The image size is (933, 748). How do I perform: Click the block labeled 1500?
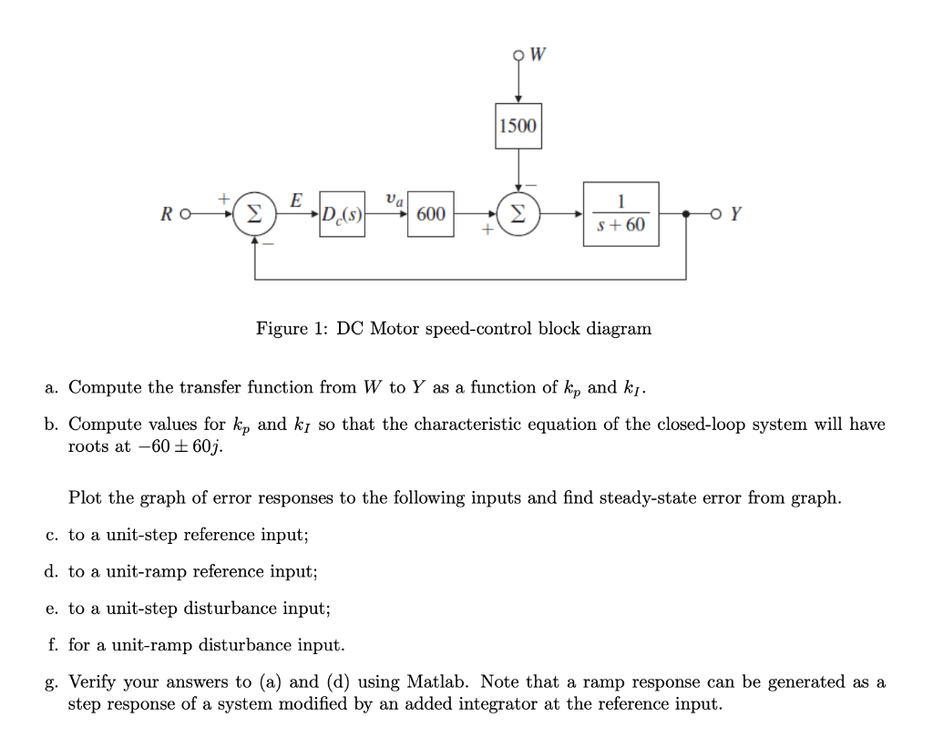[518, 125]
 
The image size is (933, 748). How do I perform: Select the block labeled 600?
[430, 215]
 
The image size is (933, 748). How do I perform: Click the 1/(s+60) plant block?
[620, 215]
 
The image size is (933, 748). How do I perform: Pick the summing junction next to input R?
[254, 215]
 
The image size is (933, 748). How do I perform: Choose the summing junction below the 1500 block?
[518, 215]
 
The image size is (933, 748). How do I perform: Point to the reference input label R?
[166, 216]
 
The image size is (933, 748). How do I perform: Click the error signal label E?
[295, 199]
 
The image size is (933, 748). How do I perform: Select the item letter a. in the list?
[52, 387]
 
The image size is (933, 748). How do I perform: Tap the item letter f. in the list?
[52, 645]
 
